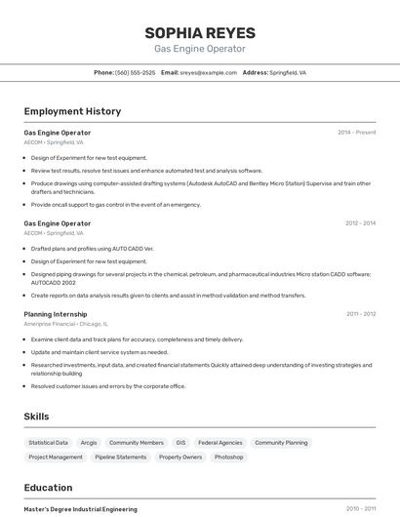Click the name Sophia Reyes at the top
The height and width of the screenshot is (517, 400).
200,32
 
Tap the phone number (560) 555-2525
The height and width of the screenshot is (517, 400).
135,72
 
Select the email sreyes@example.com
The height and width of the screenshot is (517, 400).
208,72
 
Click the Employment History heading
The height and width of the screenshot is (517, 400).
72,111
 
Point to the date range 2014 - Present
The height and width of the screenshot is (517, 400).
356,132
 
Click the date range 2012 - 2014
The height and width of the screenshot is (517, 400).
360,223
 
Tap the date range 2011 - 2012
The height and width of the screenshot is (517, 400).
361,314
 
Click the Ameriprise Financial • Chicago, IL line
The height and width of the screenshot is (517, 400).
65,324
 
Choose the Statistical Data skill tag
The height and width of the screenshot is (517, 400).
49,442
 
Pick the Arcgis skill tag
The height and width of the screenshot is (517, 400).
89,442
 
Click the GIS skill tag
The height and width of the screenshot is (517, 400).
180,442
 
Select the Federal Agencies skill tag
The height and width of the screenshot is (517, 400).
220,442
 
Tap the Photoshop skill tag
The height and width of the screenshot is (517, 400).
228,457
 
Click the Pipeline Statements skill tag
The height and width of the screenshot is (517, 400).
121,457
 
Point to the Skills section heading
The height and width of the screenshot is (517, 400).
37,417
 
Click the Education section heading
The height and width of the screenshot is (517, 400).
49,488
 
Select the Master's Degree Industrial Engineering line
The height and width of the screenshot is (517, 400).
80,509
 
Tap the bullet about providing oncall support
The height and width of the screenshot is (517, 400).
115,205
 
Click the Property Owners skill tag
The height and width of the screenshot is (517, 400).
180,457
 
